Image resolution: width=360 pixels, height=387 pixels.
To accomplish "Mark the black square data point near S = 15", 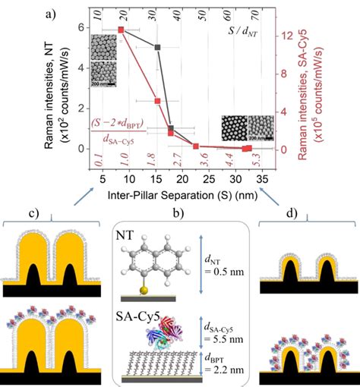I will coord(157,47).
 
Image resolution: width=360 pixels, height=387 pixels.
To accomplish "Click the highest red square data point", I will coord(121,30).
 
